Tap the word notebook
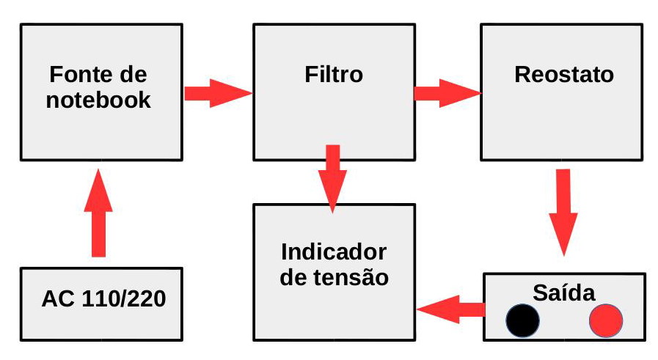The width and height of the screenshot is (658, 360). (98, 100)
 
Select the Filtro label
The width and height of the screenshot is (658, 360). (333, 75)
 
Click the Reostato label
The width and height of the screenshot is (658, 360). (564, 75)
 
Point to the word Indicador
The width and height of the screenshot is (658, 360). (334, 252)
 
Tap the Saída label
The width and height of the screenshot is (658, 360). (564, 293)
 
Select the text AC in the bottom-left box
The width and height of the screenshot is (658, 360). (56, 300)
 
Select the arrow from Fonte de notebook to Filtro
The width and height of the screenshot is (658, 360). (217, 93)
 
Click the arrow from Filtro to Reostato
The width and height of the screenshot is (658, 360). (447, 93)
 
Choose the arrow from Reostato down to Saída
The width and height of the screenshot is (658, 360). (563, 211)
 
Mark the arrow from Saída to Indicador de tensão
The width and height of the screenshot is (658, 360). (450, 309)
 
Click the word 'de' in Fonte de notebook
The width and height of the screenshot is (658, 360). (134, 75)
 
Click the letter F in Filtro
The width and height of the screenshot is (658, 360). (311, 75)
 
